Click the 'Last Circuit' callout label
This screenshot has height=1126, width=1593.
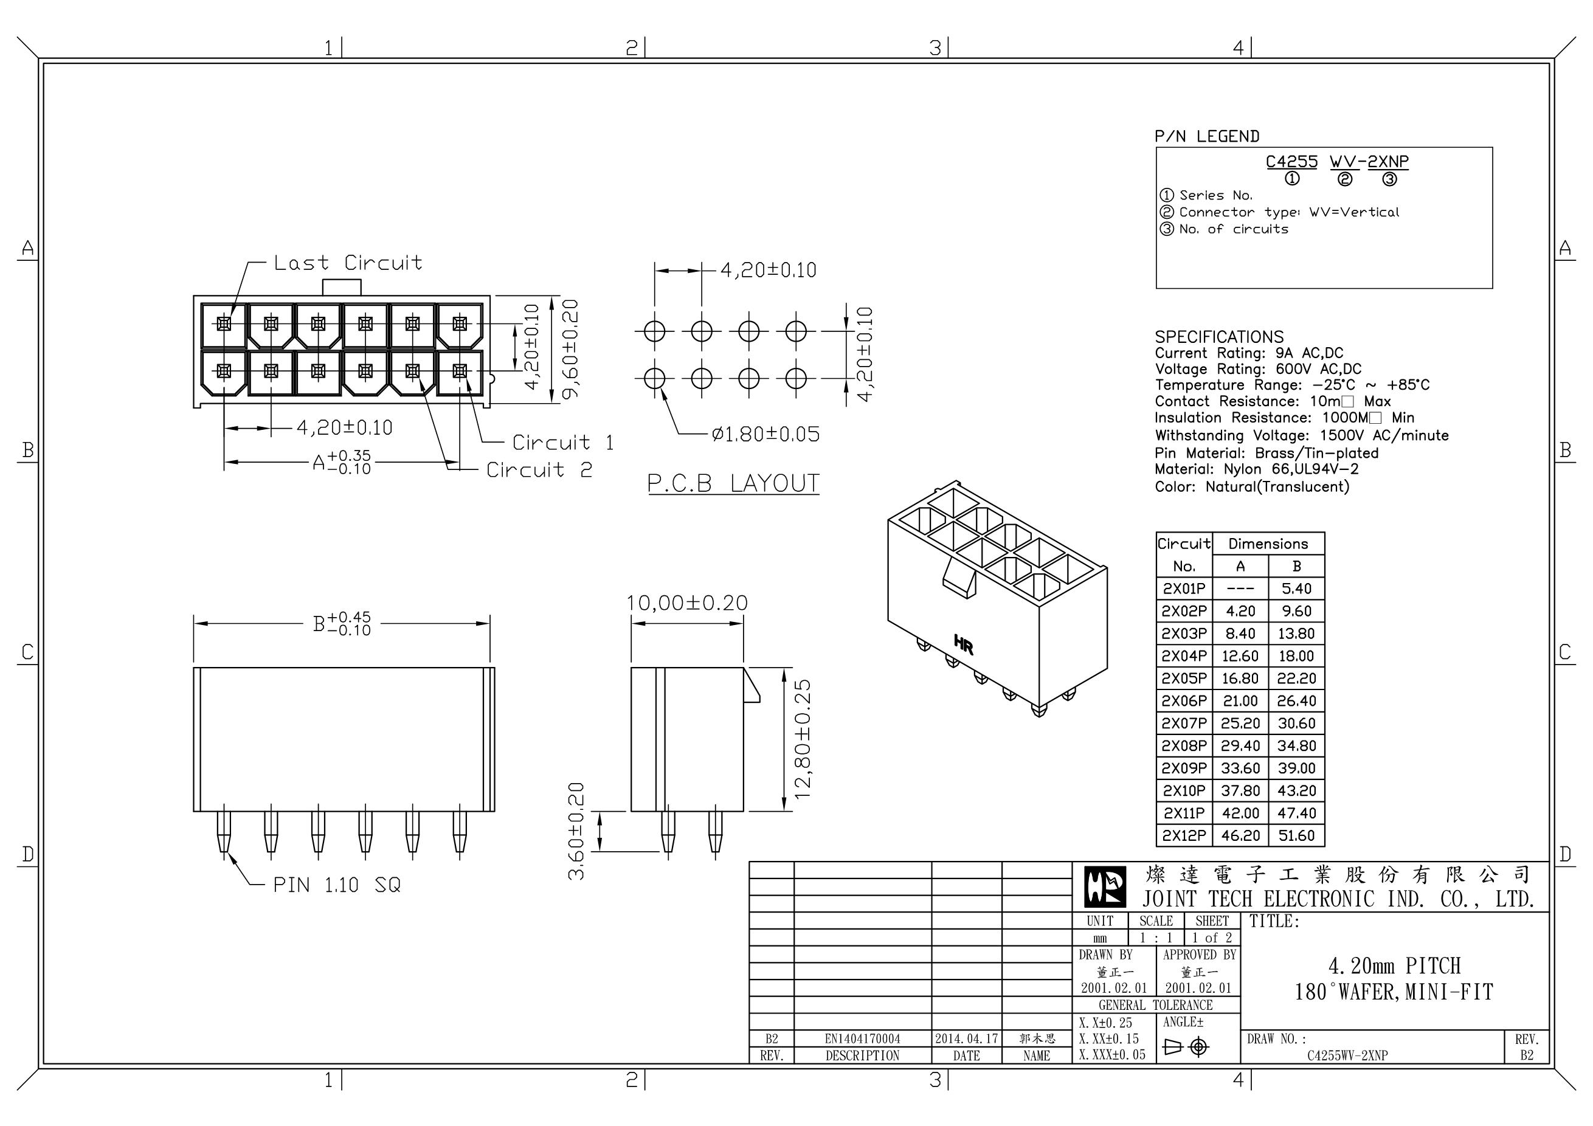click(x=348, y=263)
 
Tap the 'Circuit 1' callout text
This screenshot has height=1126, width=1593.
click(x=562, y=443)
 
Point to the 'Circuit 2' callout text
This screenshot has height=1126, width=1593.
click(x=539, y=471)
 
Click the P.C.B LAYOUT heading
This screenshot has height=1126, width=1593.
click(x=733, y=483)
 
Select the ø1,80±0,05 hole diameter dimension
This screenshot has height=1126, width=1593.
click(x=765, y=434)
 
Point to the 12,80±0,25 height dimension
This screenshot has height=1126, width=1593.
click(x=802, y=739)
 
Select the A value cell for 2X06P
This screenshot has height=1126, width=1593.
click(x=1240, y=701)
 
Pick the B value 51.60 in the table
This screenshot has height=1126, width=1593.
click(x=1296, y=836)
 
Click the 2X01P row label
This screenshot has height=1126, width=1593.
click(x=1184, y=589)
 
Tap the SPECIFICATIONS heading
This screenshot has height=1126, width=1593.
click(x=1219, y=337)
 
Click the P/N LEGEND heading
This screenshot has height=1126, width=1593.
click(x=1206, y=137)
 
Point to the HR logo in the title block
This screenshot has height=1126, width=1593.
click(x=1105, y=887)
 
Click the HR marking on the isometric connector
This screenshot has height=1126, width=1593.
click(x=964, y=644)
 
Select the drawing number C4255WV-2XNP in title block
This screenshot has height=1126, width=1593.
click(x=1347, y=1056)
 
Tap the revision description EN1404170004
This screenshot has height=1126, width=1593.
click(x=862, y=1039)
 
